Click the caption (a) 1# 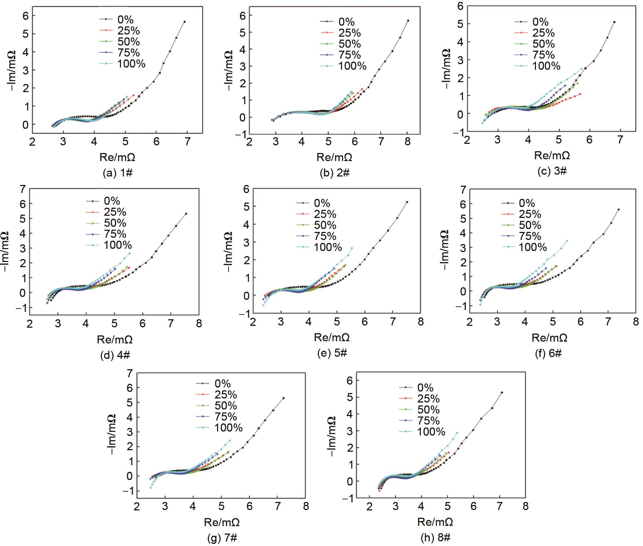pos(118,173)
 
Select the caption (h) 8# pos(436,538)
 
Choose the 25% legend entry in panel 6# pos(530,214)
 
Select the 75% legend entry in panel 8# pos(428,421)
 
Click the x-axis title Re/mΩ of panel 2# pos(334,157)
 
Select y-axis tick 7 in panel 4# pos(23,189)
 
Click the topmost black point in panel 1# pos(184,22)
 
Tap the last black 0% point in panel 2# pos(408,21)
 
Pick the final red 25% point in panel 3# pos(580,94)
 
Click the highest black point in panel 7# pos(283,398)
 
